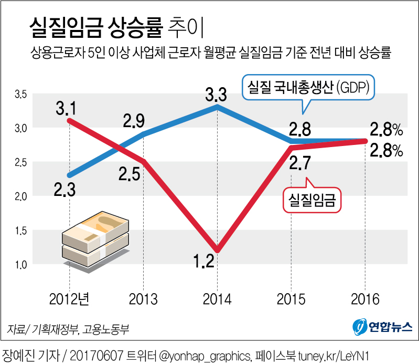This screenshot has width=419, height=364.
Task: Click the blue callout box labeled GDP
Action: tap(309, 88)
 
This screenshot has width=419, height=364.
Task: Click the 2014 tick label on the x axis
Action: tap(216, 299)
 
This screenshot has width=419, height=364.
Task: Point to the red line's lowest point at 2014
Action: tap(217, 249)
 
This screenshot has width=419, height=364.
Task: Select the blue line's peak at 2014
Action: tap(217, 107)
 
